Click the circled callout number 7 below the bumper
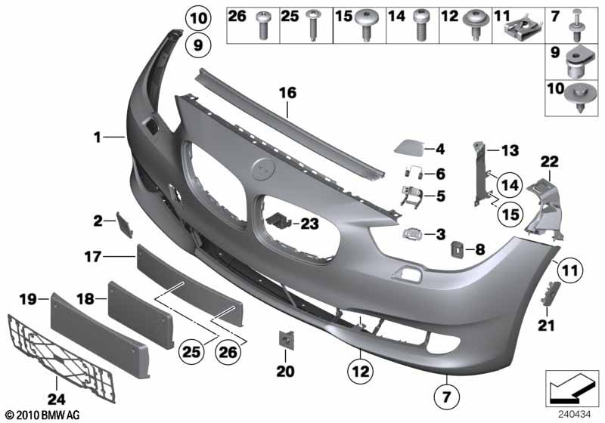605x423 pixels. (x=446, y=397)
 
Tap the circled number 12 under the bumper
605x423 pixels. (x=361, y=372)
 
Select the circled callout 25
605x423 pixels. (x=191, y=351)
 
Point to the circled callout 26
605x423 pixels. (x=228, y=351)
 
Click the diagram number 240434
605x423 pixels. (x=575, y=415)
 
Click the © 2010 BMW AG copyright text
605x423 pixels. (x=42, y=415)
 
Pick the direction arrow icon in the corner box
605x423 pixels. (x=572, y=388)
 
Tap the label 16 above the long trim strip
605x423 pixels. (x=288, y=93)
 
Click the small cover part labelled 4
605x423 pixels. (x=408, y=147)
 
